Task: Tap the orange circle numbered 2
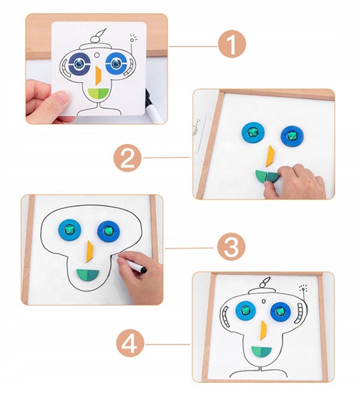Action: pyautogui.click(x=128, y=158)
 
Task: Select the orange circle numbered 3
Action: pyautogui.click(x=231, y=248)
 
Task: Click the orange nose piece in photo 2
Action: pyautogui.click(x=269, y=156)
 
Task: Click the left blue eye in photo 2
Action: pyautogui.click(x=252, y=132)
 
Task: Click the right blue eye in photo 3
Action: pyautogui.click(x=108, y=232)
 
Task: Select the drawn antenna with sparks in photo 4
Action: pyautogui.click(x=303, y=294)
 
